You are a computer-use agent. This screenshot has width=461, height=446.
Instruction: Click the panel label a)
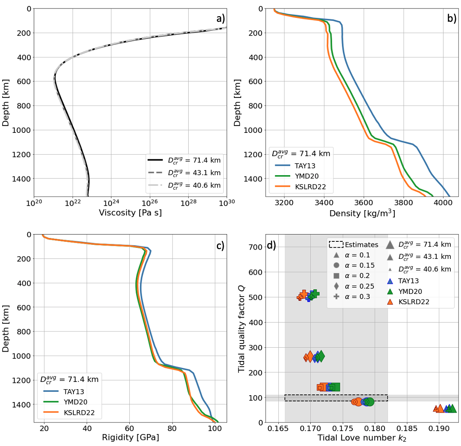click(x=220, y=18)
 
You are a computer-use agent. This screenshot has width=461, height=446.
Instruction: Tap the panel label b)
click(x=452, y=18)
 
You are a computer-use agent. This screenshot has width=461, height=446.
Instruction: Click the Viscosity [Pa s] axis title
click(x=130, y=212)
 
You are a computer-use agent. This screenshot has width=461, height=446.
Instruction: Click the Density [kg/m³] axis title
click(x=362, y=212)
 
